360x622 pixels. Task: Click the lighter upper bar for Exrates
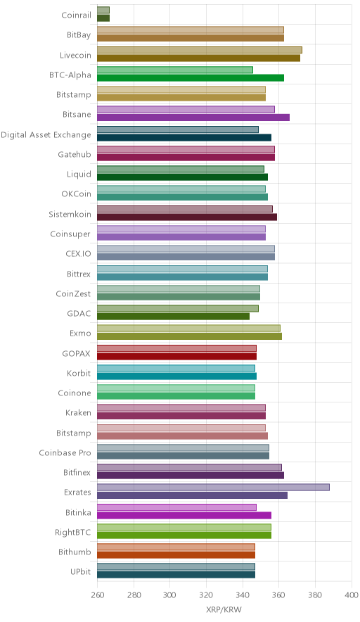pyautogui.click(x=213, y=487)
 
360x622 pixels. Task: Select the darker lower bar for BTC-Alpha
pyautogui.click(x=191, y=77)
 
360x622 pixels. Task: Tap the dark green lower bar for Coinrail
pyautogui.click(x=103, y=18)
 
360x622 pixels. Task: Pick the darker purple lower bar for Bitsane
pyautogui.click(x=193, y=118)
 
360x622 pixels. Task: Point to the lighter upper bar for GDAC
pyautogui.click(x=178, y=308)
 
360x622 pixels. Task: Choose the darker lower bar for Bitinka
pyautogui.click(x=184, y=515)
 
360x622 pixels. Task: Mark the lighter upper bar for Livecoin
pyautogui.click(x=200, y=50)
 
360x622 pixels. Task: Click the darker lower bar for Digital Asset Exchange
pyautogui.click(x=184, y=138)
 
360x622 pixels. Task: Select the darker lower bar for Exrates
pyautogui.click(x=192, y=495)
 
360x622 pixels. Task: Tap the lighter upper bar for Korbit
pyautogui.click(x=176, y=368)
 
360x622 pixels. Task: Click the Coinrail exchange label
pyautogui.click(x=76, y=15)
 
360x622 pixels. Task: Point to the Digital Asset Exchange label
pyautogui.click(x=46, y=135)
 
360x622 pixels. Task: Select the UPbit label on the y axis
pyautogui.click(x=80, y=572)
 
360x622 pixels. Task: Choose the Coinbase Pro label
pyautogui.click(x=65, y=452)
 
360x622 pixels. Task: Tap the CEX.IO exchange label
pyautogui.click(x=78, y=253)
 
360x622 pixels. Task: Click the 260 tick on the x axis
pyautogui.click(x=97, y=595)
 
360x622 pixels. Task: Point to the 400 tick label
pyautogui.click(x=352, y=595)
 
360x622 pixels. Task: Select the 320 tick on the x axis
pyautogui.click(x=206, y=595)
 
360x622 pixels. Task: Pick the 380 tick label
pyautogui.click(x=315, y=595)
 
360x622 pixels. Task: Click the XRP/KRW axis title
pyautogui.click(x=224, y=610)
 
